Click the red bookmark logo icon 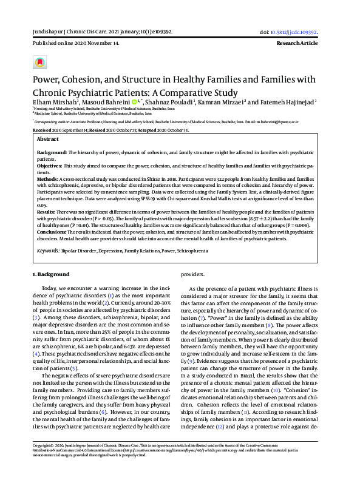tap(39, 63)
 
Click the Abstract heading tap(49, 139)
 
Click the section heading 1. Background tap(51, 274)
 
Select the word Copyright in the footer tap(42, 445)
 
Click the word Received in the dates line tap(42, 130)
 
